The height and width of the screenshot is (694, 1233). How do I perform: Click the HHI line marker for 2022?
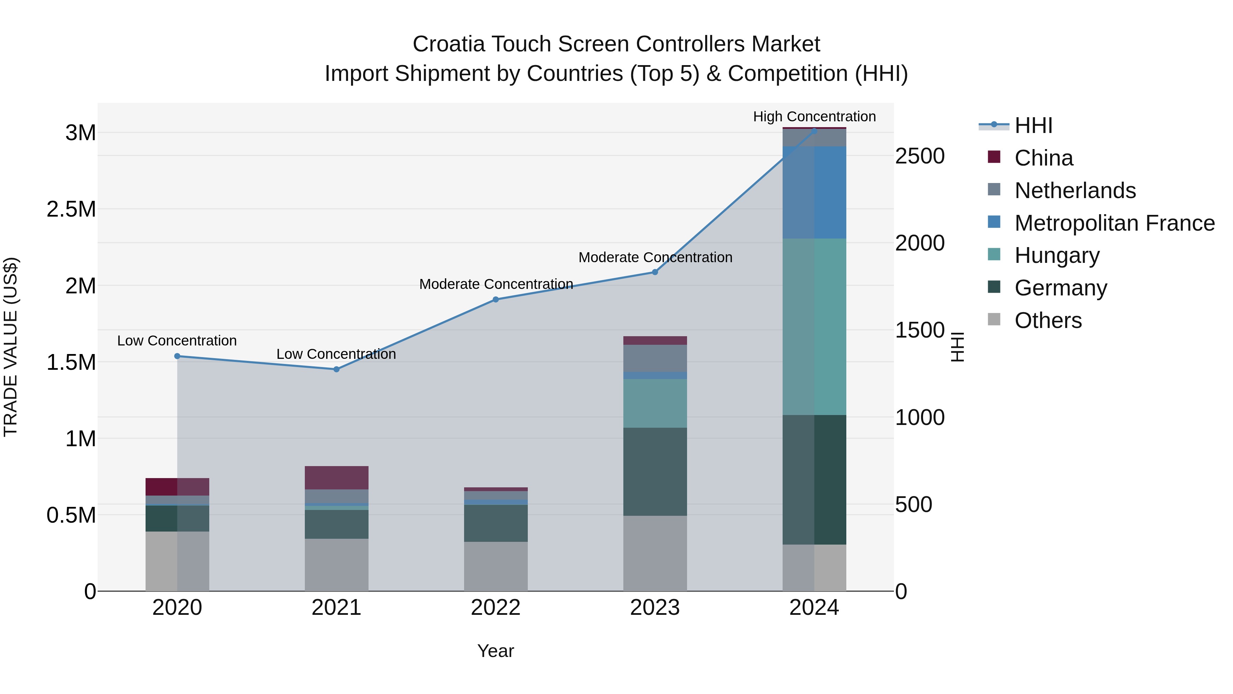496,300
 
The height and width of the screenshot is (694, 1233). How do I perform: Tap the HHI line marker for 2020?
177,356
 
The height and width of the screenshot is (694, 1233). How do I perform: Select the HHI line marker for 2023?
655,272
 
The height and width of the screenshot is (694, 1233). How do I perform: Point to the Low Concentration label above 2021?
336,354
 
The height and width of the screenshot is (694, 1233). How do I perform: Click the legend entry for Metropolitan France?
1114,223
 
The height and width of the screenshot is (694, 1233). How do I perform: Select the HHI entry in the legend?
1033,125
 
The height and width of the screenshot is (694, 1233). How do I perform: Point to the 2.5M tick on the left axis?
71,209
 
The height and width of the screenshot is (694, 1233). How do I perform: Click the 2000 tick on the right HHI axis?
920,243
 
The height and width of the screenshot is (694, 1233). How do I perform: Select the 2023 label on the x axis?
655,608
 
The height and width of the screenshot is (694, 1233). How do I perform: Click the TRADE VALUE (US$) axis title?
11,347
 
